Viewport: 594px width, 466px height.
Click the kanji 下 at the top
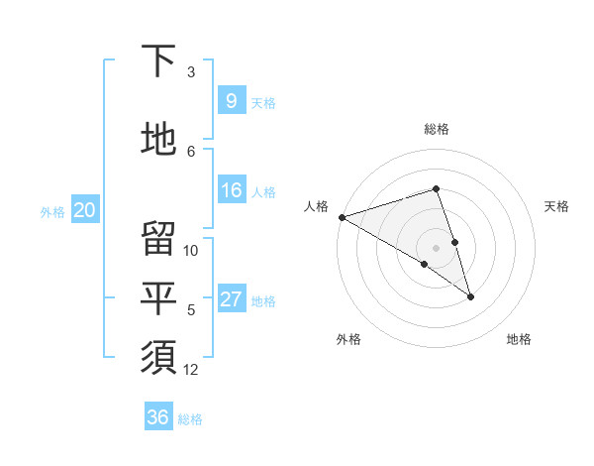158,62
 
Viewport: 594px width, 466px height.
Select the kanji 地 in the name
158,139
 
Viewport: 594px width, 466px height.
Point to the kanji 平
158,298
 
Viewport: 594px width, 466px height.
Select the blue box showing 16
232,190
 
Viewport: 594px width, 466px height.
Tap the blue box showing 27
232,299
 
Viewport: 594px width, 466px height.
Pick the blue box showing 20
85,209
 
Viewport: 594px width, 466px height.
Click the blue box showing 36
157,417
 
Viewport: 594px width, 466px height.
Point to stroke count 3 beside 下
191,72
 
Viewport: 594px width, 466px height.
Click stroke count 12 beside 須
191,370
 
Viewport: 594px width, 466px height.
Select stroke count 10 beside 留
191,250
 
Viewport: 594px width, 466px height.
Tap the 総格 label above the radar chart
437,129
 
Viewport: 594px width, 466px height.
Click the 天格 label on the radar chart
557,206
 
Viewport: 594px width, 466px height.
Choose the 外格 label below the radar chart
348,339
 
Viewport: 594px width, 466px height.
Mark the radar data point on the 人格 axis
342,217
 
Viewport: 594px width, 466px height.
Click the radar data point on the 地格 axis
470,296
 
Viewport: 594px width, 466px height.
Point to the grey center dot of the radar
436,246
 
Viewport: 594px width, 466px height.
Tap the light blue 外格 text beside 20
52,211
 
